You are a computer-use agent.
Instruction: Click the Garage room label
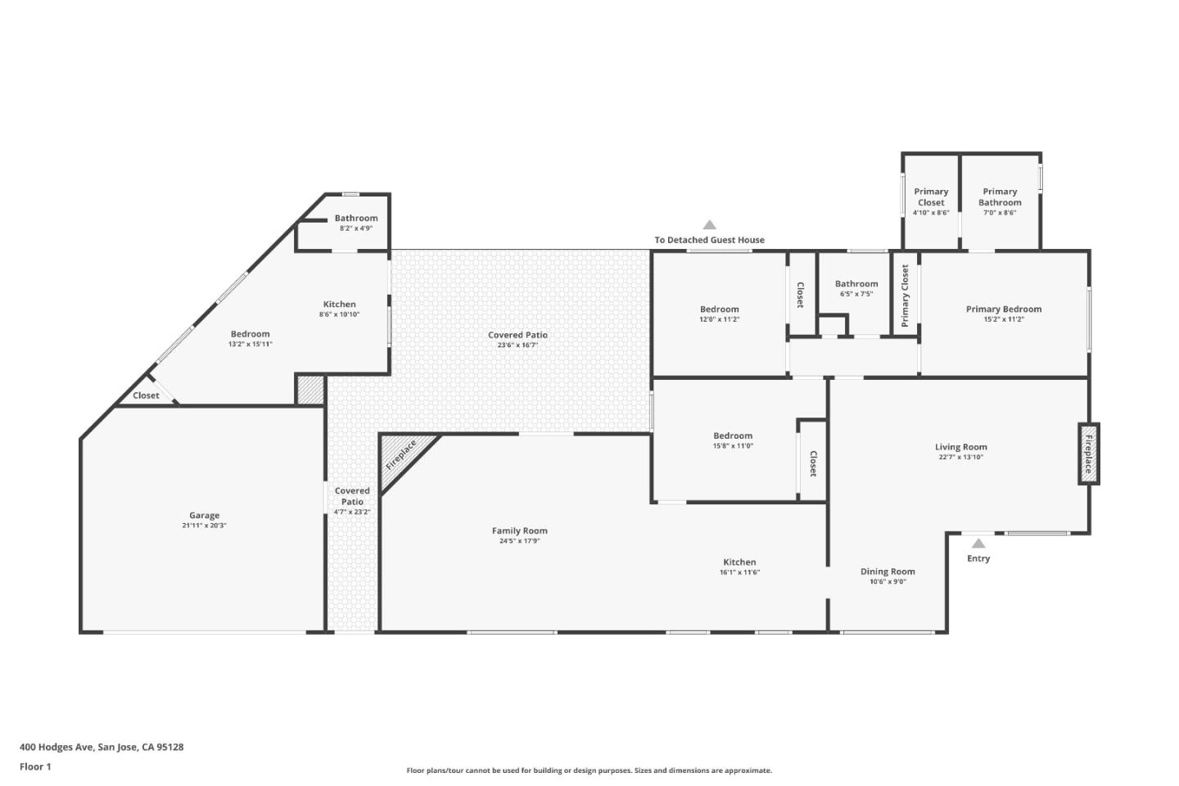pyautogui.click(x=204, y=516)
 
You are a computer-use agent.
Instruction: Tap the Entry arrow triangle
pyautogui.click(x=978, y=543)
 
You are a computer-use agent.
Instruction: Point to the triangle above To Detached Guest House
pyautogui.click(x=710, y=225)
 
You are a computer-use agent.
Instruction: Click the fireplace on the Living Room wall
pyautogui.click(x=1088, y=454)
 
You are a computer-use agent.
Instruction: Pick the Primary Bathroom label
pyautogui.click(x=1000, y=196)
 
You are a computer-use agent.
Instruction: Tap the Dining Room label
pyautogui.click(x=888, y=571)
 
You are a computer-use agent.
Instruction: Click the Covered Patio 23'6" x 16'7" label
pyautogui.click(x=517, y=335)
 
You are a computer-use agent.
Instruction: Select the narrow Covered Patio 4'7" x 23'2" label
pyautogui.click(x=352, y=496)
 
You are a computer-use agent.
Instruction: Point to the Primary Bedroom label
pyautogui.click(x=1004, y=309)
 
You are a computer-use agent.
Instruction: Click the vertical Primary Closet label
pyautogui.click(x=905, y=296)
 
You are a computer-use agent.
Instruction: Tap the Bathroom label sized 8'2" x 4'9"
pyautogui.click(x=356, y=218)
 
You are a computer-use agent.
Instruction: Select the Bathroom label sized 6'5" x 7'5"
pyautogui.click(x=856, y=284)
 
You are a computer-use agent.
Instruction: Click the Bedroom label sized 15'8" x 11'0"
pyautogui.click(x=733, y=436)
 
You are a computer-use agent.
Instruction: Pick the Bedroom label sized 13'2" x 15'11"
pyautogui.click(x=250, y=334)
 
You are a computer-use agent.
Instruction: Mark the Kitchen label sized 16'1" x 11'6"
pyautogui.click(x=739, y=562)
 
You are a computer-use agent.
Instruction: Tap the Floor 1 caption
pyautogui.click(x=35, y=767)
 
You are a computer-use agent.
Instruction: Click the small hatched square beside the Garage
pyautogui.click(x=310, y=390)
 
